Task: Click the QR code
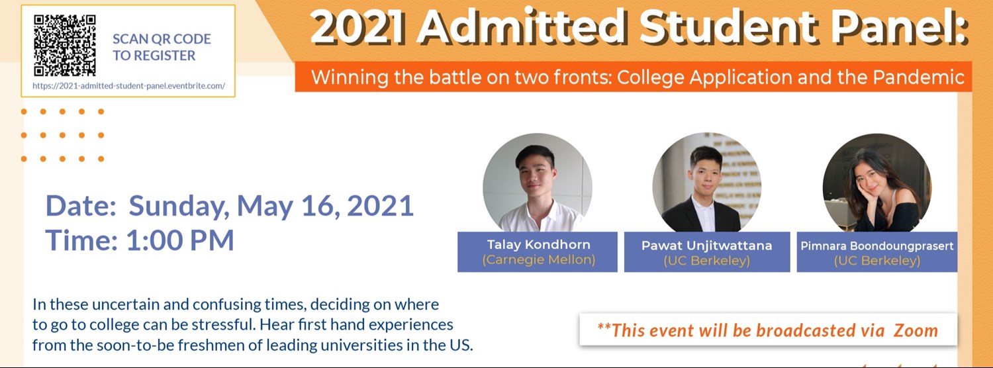(65, 46)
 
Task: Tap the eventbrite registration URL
(128, 86)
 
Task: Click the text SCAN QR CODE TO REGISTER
(161, 47)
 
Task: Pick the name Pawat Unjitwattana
(706, 246)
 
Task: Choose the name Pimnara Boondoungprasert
(876, 246)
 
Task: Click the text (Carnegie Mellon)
(540, 259)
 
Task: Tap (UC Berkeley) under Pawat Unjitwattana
(706, 261)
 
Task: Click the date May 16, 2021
(325, 206)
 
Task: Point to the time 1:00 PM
(179, 240)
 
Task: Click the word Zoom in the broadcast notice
(916, 330)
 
